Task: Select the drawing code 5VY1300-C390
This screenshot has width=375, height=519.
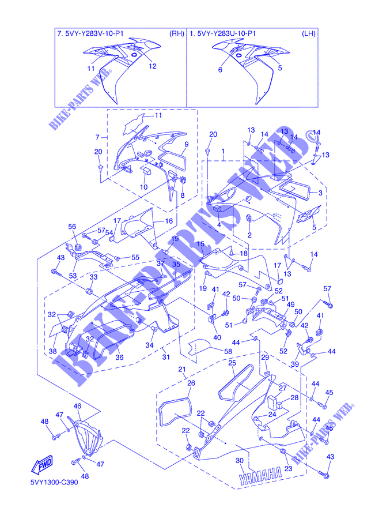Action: (x=54, y=482)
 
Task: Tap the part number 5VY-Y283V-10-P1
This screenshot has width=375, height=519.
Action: (x=96, y=33)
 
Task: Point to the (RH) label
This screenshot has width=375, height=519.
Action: (x=177, y=33)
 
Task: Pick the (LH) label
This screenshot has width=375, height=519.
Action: (x=309, y=33)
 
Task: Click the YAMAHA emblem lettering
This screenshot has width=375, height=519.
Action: (x=261, y=475)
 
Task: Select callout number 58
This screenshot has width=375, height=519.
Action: (x=228, y=351)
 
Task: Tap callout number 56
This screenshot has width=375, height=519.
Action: (x=72, y=227)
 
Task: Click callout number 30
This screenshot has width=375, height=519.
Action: (x=240, y=460)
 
